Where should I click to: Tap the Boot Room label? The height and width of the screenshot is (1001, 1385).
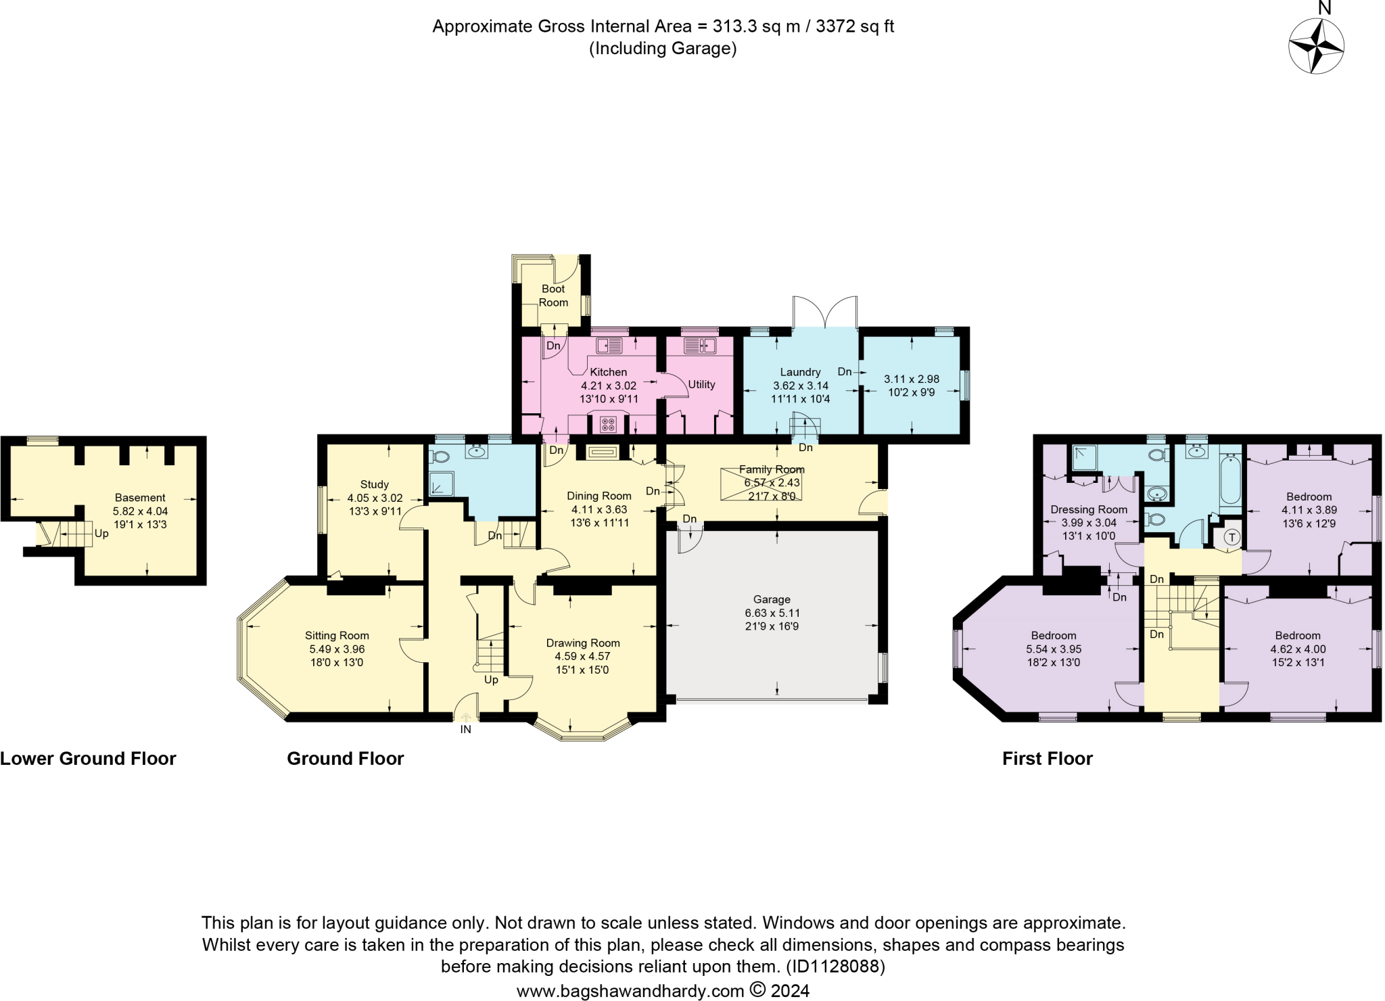pos(553,296)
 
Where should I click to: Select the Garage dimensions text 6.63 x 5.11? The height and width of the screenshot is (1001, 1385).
pos(772,613)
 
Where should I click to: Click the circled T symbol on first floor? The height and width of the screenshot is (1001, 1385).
pos(1232,538)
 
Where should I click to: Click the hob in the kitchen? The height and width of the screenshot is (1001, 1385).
pos(609,424)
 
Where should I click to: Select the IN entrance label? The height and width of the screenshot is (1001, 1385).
pos(465,730)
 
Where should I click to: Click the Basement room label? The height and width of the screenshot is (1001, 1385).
pos(140,497)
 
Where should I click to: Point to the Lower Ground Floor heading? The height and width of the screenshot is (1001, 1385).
pos(88,759)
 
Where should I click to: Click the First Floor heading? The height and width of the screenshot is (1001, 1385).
pos(1047,759)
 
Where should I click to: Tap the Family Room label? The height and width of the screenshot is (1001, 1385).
pos(772,469)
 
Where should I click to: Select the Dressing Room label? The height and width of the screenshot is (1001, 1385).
pos(1089,509)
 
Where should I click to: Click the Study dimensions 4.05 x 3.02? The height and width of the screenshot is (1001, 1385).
pos(375,498)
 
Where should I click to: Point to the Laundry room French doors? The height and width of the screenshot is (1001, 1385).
pos(825,312)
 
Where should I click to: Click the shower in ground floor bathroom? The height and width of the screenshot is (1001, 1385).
pos(441,483)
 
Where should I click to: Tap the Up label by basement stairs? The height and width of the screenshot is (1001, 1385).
pos(101,533)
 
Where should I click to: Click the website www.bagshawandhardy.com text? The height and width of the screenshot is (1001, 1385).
pos(630,991)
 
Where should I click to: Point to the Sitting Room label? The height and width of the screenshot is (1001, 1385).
pos(337,635)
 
